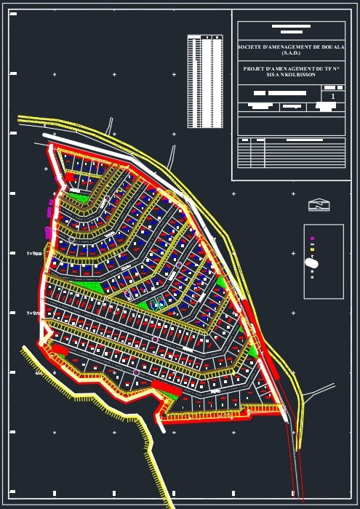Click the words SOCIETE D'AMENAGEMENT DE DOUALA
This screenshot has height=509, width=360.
coord(291,47)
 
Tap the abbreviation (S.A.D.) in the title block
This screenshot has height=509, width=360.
coord(291,52)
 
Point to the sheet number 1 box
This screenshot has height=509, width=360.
coord(333,96)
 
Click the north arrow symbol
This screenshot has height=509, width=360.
coord(319,205)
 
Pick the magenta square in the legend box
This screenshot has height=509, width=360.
coord(312,239)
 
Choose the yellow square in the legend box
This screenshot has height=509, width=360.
coord(312,249)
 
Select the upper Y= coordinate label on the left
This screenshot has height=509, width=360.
coord(34,253)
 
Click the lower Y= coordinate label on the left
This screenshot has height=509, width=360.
coord(33,313)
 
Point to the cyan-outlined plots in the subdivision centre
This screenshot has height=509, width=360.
coord(157,304)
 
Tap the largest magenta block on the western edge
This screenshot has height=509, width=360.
coord(49,233)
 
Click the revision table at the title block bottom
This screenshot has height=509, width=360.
coord(291,153)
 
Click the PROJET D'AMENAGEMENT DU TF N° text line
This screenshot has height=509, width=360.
coord(291,68)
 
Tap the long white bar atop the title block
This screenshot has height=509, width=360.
coord(291,26)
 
